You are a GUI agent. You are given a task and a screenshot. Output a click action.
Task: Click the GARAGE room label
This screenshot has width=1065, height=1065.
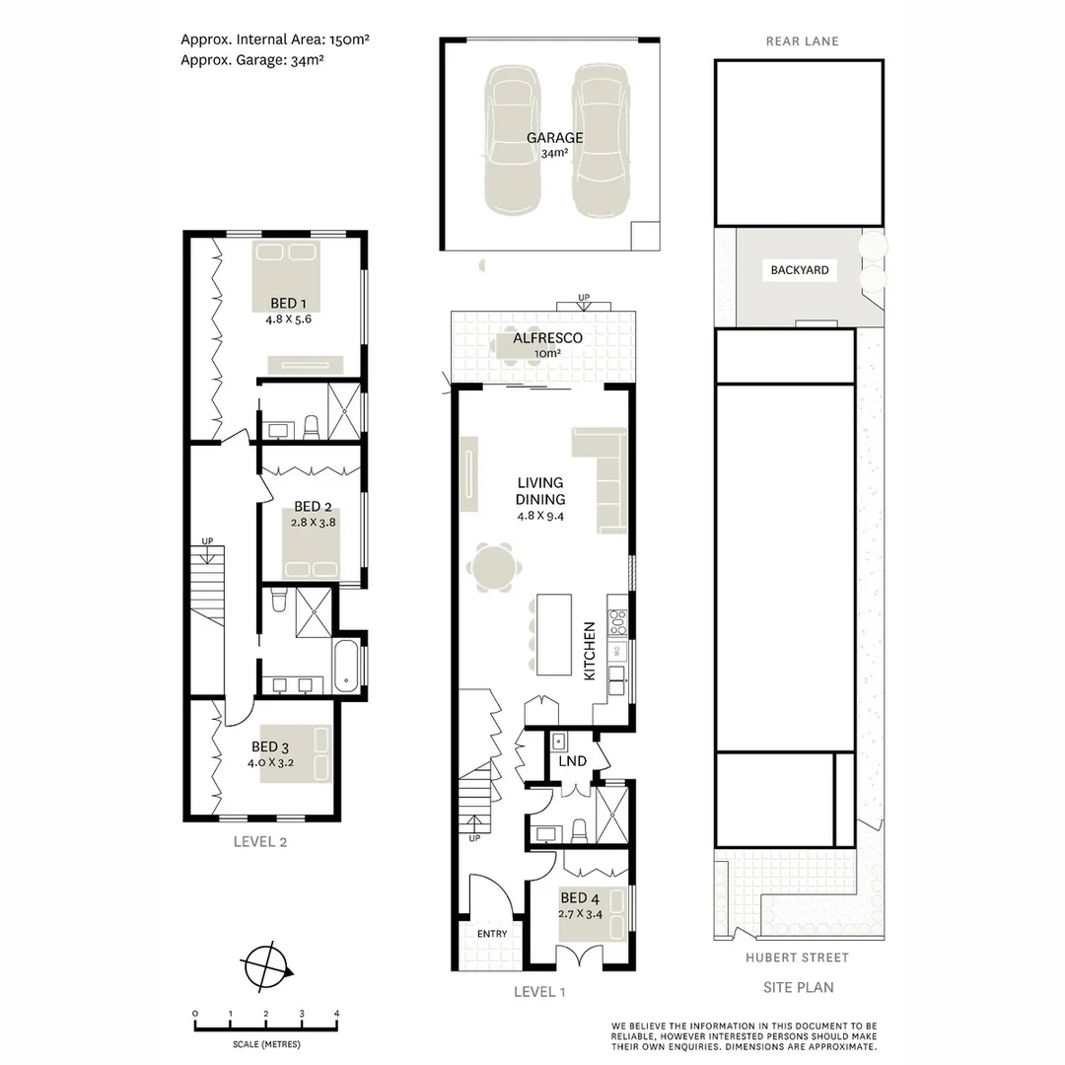coord(553,138)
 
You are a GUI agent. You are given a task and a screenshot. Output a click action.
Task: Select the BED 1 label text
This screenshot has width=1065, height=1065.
coord(289,304)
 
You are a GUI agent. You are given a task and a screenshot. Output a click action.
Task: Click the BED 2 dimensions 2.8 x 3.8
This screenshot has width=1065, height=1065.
coord(315,524)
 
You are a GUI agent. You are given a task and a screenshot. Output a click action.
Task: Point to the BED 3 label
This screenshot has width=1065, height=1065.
coord(270,746)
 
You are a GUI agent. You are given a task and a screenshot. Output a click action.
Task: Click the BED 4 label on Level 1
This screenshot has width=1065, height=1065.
coord(579,898)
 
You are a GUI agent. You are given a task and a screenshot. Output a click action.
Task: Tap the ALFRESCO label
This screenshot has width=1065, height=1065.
coord(547,338)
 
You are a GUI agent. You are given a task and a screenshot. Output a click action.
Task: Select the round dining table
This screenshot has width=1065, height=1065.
coord(492,568)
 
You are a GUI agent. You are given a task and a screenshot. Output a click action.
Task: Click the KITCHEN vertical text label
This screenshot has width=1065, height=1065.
coord(590,651)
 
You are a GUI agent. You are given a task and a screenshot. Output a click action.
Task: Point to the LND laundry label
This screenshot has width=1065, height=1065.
coord(572,761)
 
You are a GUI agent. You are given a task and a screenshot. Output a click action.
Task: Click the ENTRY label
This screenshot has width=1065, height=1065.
coord(492,934)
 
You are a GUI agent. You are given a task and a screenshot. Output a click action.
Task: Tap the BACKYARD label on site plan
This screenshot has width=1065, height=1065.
coord(800,269)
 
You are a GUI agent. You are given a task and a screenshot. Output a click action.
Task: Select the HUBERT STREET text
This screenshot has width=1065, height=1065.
coord(798,958)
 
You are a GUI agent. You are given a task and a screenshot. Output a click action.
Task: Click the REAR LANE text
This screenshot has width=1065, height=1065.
coord(802,41)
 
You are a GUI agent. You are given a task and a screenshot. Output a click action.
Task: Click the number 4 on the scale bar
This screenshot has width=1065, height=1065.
coord(336,1014)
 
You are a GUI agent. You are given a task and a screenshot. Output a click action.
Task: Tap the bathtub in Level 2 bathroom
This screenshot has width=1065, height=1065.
coord(347,667)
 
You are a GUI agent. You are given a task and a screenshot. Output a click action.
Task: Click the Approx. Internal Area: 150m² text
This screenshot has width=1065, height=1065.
coord(274,40)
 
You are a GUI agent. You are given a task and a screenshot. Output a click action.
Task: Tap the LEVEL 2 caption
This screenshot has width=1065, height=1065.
coord(259,842)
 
